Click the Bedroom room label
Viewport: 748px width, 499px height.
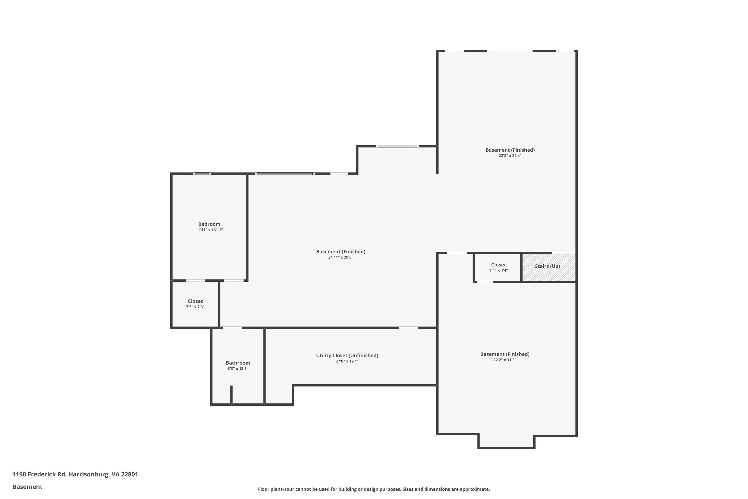209,224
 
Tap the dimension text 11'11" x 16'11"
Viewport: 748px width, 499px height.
209,230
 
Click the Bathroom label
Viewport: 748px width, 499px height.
238,363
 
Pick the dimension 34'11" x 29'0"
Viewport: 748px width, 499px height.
340,257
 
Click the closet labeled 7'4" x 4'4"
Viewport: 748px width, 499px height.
498,267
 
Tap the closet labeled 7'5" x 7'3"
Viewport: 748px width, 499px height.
195,304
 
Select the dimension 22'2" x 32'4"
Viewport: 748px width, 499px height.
510,156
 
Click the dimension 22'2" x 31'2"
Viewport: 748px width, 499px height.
504,360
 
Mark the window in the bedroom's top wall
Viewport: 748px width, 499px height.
202,174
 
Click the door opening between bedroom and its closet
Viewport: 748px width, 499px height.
195,281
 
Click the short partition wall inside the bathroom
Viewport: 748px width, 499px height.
231,395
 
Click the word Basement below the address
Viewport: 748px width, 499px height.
27,487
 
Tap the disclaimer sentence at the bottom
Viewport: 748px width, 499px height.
374,489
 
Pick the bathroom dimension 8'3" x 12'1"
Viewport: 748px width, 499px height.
238,369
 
